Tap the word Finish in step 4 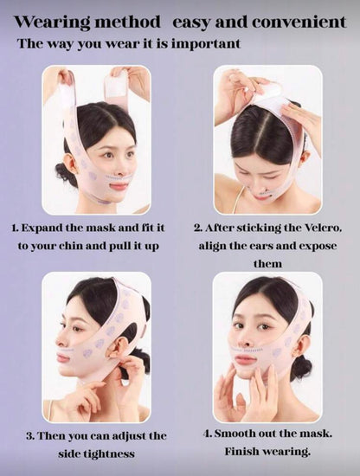point(245,452)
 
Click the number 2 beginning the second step point(197,228)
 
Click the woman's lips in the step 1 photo point(118,183)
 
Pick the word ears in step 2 point(264,247)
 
